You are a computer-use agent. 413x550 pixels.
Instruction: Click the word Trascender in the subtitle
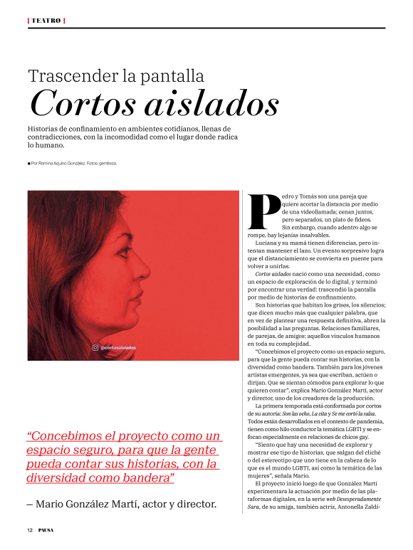[73, 75]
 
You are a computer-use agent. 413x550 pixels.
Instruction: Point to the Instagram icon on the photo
[95, 348]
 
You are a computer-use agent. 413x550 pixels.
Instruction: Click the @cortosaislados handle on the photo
[118, 348]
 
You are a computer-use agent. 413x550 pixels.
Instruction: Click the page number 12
[30, 530]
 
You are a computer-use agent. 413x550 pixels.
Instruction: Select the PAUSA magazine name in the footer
[46, 530]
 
